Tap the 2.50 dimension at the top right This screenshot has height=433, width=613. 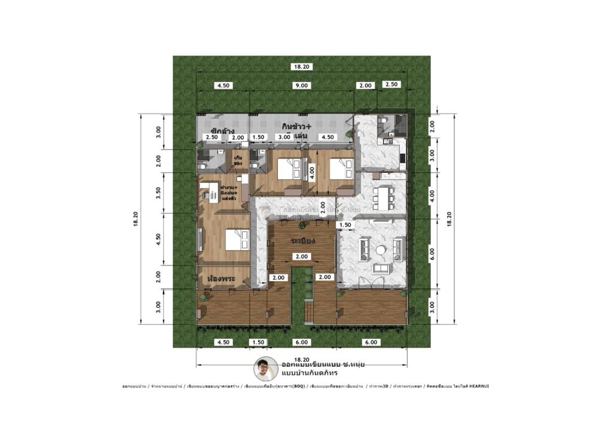[x=392, y=84]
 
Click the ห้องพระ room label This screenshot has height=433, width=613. [x=220, y=279]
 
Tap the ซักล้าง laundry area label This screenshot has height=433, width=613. [x=221, y=130]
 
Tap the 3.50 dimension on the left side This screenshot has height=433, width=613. [x=159, y=194]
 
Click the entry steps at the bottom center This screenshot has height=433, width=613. [x=309, y=312]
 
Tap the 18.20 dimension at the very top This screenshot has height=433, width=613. [x=301, y=67]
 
